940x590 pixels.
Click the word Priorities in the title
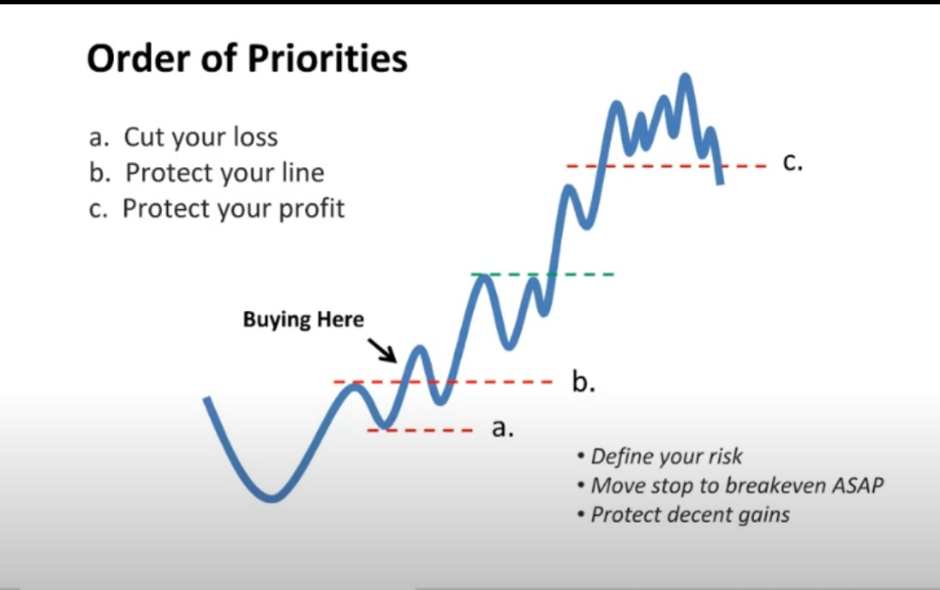tap(326, 59)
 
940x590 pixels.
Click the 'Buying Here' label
tap(304, 319)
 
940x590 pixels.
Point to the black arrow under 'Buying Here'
tap(382, 350)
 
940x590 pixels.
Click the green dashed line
tap(542, 275)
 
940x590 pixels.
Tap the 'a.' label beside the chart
tap(502, 429)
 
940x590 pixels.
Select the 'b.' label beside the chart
tap(583, 381)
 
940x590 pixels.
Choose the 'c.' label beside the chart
tap(793, 162)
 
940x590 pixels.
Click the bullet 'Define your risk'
tap(660, 457)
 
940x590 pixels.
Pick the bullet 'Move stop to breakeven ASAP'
tap(730, 485)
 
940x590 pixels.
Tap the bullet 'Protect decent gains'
tap(683, 515)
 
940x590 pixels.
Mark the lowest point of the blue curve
tap(272, 498)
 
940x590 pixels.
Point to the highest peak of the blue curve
tap(685, 76)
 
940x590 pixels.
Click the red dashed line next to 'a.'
tap(420, 430)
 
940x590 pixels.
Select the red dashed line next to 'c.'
tap(666, 166)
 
